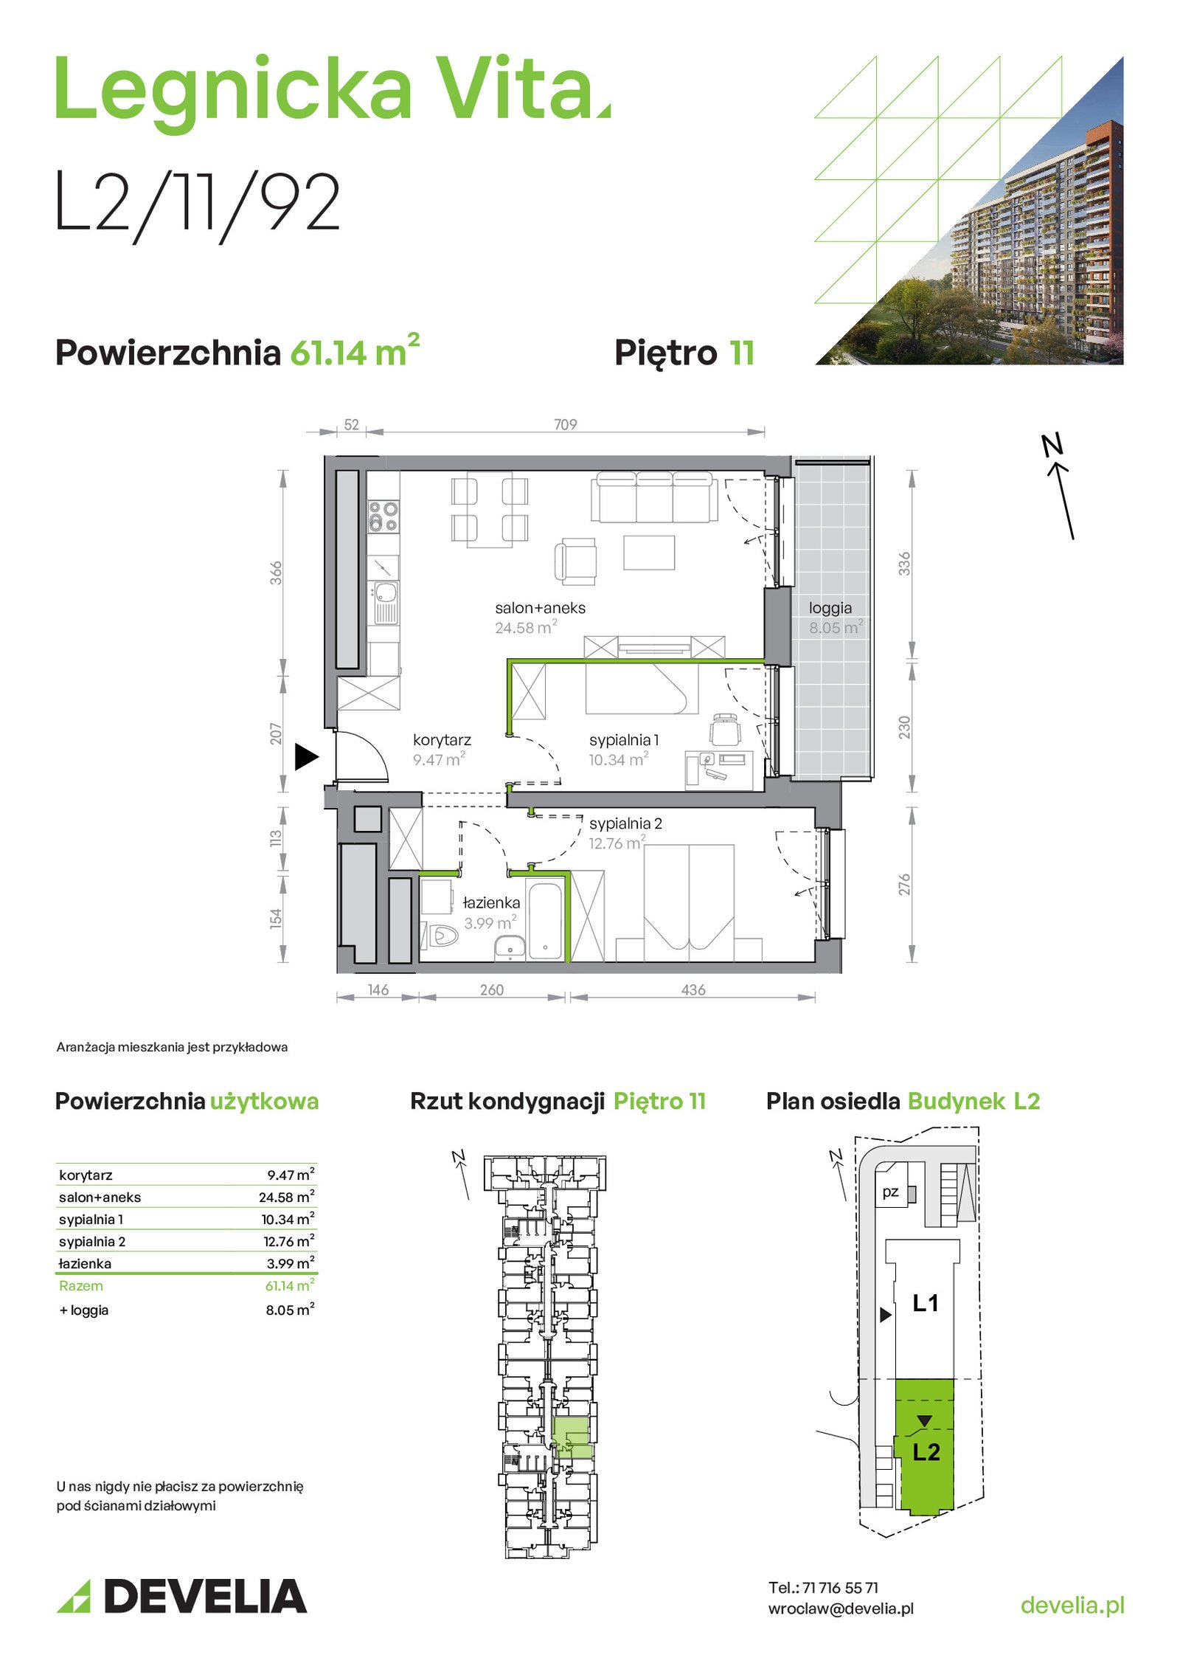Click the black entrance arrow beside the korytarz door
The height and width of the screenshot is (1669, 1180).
[305, 756]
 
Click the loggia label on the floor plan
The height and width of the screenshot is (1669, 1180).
[830, 608]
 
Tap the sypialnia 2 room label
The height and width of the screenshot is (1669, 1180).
[625, 823]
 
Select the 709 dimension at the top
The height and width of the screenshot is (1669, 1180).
[565, 424]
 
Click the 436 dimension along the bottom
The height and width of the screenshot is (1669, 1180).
[693, 989]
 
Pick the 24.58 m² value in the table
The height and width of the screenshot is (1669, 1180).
[287, 1197]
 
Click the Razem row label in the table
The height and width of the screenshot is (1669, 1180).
[81, 1285]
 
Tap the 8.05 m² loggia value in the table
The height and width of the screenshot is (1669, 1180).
[290, 1310]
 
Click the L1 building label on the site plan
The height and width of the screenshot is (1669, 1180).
[926, 1304]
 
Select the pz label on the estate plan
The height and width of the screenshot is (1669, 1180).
[890, 1192]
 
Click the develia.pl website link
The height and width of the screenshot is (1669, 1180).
[1072, 1605]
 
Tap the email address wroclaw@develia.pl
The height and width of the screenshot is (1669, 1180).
[841, 1608]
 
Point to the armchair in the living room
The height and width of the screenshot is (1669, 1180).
[575, 561]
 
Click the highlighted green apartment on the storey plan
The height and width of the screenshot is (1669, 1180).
[572, 1438]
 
